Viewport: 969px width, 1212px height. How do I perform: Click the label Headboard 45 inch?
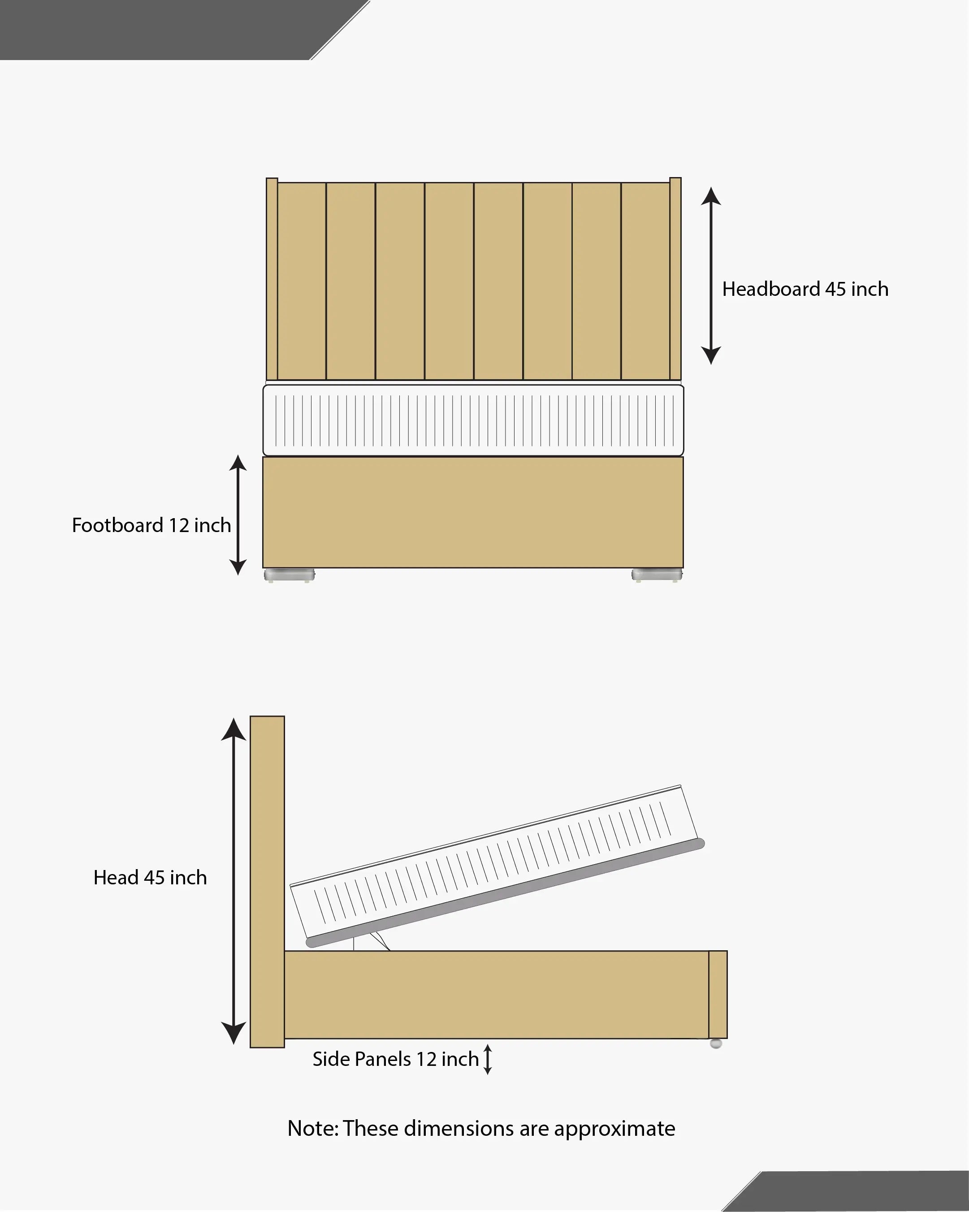tap(805, 289)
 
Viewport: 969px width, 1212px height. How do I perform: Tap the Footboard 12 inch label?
tap(151, 525)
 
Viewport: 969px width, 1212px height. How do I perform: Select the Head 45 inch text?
tap(150, 878)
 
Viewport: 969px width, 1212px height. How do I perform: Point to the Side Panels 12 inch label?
tap(396, 1059)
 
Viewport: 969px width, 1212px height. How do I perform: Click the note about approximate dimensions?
tap(481, 1129)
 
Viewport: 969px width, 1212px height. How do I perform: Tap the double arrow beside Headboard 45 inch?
tap(711, 276)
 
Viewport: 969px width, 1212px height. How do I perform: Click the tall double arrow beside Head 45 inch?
tap(233, 881)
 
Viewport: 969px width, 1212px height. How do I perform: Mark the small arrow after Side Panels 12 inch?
tap(488, 1059)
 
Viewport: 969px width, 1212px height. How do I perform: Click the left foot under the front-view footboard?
tap(290, 575)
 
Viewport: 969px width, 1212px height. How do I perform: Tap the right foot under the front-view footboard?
tap(657, 575)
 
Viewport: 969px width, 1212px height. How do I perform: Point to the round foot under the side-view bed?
tap(715, 1043)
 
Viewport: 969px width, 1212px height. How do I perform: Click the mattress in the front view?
tap(473, 420)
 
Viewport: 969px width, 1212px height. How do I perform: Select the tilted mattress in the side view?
tap(497, 866)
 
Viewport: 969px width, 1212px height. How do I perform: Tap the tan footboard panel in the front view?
tap(473, 512)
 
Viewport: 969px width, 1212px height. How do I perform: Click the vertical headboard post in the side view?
tap(268, 882)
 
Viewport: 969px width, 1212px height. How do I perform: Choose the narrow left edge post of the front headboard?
tap(272, 279)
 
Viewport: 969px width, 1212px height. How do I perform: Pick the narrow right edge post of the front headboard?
tap(675, 279)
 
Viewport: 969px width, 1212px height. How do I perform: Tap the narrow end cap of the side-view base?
tap(718, 995)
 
